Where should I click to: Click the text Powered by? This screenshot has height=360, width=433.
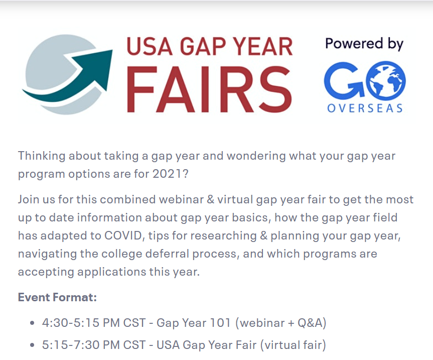[364, 44]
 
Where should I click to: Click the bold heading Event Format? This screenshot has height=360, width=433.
[57, 297]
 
